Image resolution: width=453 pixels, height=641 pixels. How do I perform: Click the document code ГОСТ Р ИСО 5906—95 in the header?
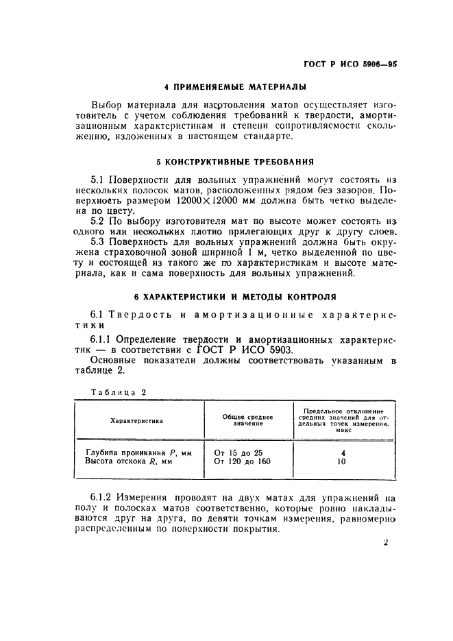click(x=350, y=62)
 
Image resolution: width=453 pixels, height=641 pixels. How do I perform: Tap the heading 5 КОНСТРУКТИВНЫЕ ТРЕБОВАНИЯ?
click(x=235, y=162)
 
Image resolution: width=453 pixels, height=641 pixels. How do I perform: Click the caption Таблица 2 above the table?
click(x=119, y=391)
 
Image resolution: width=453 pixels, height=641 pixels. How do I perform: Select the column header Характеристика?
click(x=137, y=421)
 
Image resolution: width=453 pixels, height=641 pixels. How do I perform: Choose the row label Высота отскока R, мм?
click(x=129, y=462)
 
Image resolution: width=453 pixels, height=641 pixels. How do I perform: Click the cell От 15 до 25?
click(x=238, y=452)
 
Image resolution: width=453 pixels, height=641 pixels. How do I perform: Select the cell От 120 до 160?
click(x=242, y=462)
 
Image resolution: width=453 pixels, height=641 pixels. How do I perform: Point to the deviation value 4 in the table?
click(x=343, y=452)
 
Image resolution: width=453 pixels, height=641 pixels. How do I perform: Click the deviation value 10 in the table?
click(x=343, y=462)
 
